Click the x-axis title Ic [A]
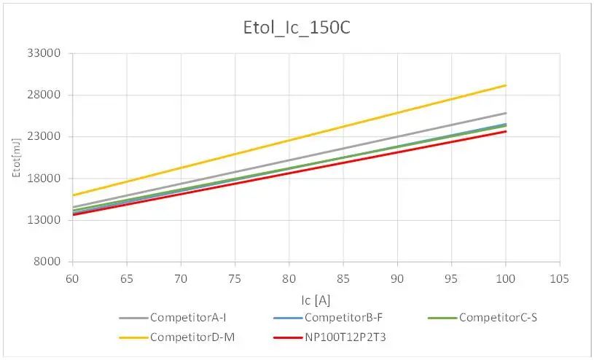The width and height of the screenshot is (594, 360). tap(316, 299)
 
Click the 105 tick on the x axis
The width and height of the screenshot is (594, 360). tap(559, 278)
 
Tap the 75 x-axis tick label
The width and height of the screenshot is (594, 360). tap(234, 278)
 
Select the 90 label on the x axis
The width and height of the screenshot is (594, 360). tap(396, 278)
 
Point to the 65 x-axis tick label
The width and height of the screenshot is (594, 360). tap(126, 278)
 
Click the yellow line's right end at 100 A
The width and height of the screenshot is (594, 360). tap(506, 85)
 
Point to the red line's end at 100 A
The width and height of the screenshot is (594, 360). tap(506, 130)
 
